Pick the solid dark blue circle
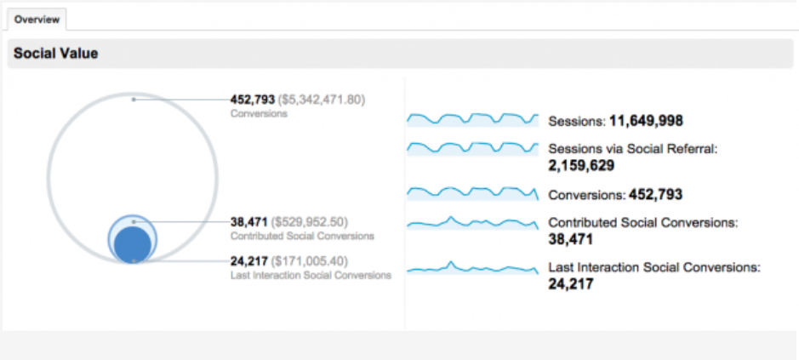pyautogui.click(x=133, y=243)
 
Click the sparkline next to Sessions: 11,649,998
pyautogui.click(x=472, y=119)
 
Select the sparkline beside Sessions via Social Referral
pyautogui.click(x=472, y=147)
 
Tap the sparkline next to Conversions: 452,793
pyautogui.click(x=472, y=193)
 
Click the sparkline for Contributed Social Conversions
pyautogui.click(x=472, y=223)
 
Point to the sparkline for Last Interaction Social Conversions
pyautogui.click(x=472, y=268)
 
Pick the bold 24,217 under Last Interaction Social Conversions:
pyautogui.click(x=571, y=283)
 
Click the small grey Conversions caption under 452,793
pyautogui.click(x=259, y=113)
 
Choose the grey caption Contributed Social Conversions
pyautogui.click(x=302, y=235)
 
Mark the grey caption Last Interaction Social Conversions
pyautogui.click(x=311, y=275)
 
